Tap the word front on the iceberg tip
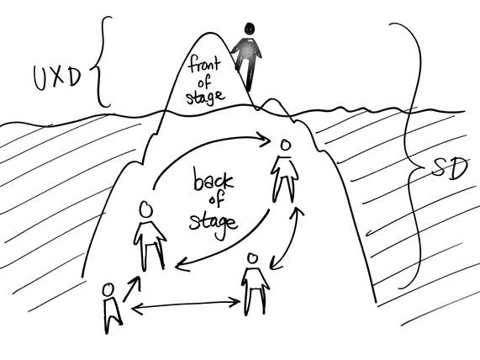pyautogui.click(x=204, y=64)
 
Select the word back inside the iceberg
pyautogui.click(x=213, y=179)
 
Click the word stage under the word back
pyautogui.click(x=213, y=225)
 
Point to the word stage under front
pyautogui.click(x=205, y=97)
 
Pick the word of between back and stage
pyautogui.click(x=216, y=200)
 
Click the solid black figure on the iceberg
pyautogui.click(x=247, y=56)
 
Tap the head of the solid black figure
pyautogui.click(x=250, y=29)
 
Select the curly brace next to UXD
pyautogui.click(x=101, y=61)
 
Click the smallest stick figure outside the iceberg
pyautogui.click(x=112, y=308)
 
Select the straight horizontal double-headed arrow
pyautogui.click(x=186, y=304)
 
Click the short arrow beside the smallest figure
pyautogui.click(x=132, y=289)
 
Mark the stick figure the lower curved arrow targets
pyautogui.click(x=150, y=236)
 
